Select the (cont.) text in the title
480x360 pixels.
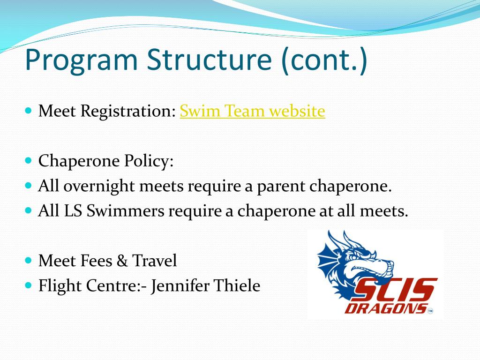click(324, 60)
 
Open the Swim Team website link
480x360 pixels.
click(252, 112)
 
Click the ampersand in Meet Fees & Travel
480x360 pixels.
click(122, 261)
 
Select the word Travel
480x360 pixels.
click(154, 261)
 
